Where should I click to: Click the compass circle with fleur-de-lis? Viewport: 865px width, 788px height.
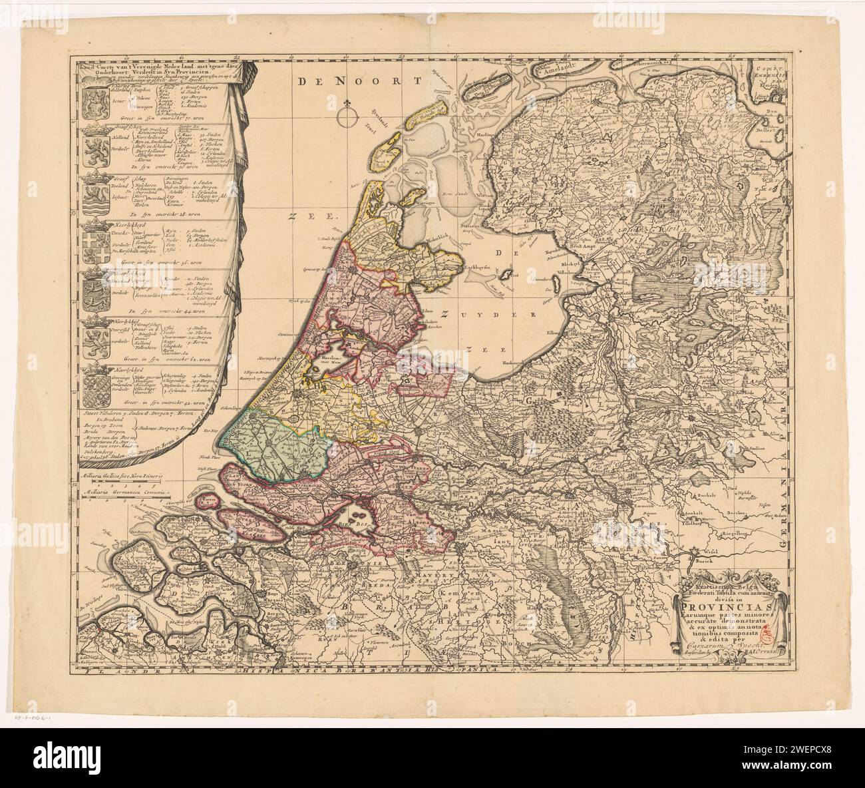coord(347,118)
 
